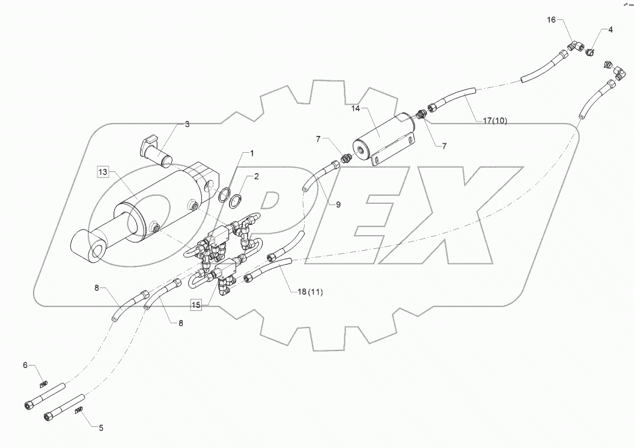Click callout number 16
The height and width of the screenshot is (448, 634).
[551, 20]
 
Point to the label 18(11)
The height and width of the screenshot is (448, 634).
[310, 292]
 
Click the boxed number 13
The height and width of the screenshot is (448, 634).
[103, 172]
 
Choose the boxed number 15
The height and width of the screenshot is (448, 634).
[196, 305]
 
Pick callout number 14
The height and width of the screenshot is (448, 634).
[356, 109]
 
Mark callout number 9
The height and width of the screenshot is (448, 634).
[338, 204]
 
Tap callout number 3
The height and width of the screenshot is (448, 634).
[187, 124]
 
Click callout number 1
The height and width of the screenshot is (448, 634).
[252, 153]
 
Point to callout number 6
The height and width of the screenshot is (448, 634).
[25, 365]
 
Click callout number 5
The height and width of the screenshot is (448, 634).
[100, 428]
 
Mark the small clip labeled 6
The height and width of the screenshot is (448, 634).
[43, 385]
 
